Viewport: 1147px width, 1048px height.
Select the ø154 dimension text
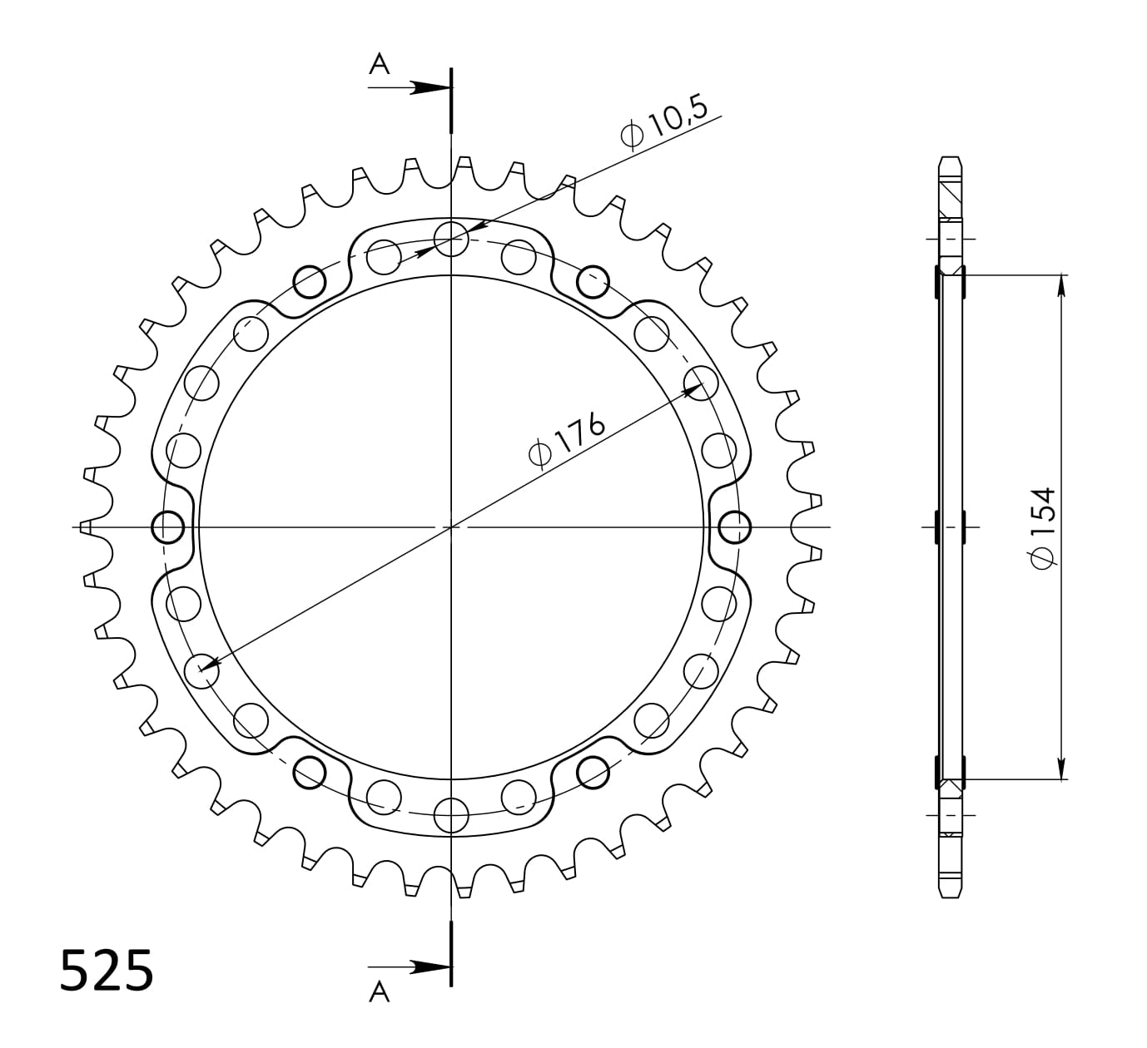click(x=1043, y=528)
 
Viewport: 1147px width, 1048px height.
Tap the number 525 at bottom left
click(x=107, y=970)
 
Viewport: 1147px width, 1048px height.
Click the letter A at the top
click(x=380, y=64)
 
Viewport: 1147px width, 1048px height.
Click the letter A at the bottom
click(x=380, y=992)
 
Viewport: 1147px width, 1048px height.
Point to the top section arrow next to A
click(x=429, y=87)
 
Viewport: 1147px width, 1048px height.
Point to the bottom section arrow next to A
click(x=429, y=966)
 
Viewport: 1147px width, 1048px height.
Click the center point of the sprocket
click(x=450, y=526)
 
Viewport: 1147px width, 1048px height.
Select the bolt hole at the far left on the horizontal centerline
click(x=168, y=526)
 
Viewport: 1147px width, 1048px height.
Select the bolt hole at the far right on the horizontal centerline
click(x=733, y=526)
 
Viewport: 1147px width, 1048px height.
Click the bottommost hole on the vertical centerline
click(x=450, y=814)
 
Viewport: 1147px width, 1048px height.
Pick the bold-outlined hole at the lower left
click(x=310, y=771)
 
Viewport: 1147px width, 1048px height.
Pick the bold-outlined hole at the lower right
click(x=592, y=771)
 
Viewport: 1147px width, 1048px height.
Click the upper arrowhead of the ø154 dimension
click(x=1061, y=284)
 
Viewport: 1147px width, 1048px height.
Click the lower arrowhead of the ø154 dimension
click(x=1061, y=769)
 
